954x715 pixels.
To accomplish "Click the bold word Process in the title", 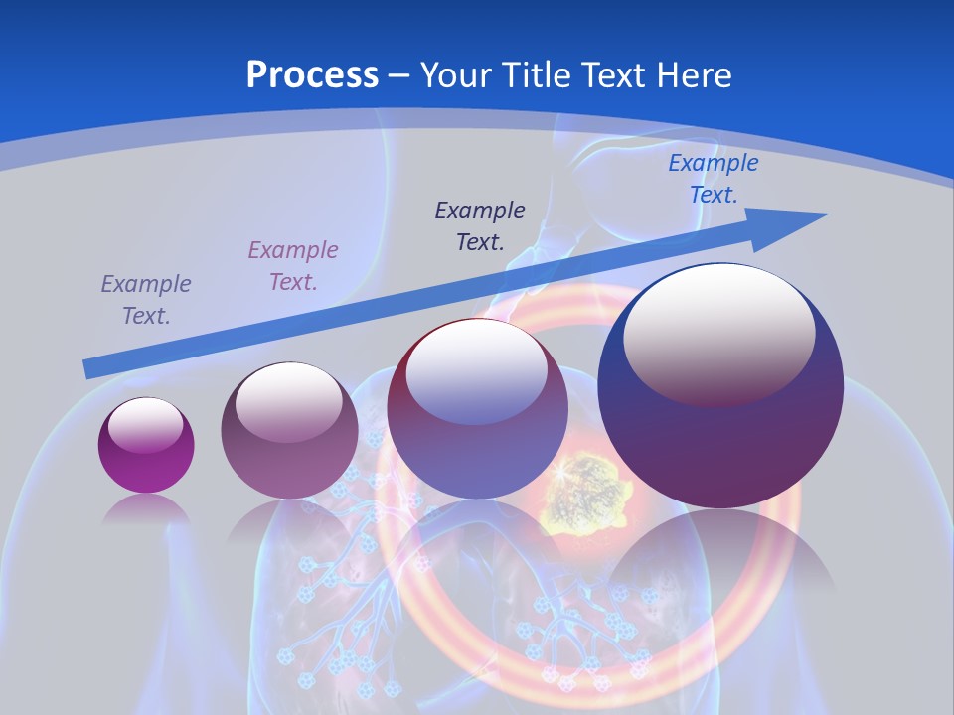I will [312, 74].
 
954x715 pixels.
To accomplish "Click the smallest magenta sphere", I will [146, 446].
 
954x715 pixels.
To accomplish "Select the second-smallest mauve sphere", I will [289, 431].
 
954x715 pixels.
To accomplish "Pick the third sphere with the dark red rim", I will [477, 409].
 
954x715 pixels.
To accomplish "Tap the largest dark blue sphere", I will [720, 387].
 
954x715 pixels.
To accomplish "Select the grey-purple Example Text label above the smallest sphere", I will [146, 300].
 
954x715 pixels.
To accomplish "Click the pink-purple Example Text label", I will [293, 266].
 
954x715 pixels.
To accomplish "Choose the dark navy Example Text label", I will [480, 225].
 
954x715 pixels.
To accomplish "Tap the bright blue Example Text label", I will [714, 179].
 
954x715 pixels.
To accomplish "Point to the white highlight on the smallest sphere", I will [145, 425].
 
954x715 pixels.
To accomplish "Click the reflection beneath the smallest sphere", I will [146, 508].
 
